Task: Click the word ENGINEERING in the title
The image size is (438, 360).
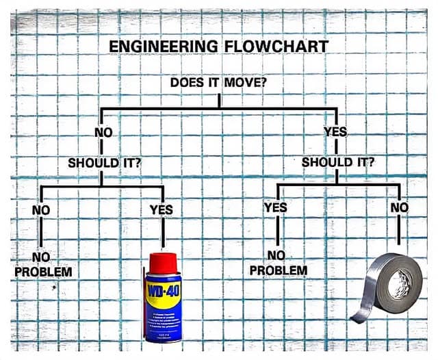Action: click(x=164, y=47)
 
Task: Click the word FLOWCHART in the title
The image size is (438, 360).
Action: click(x=276, y=47)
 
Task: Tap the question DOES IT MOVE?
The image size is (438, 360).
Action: click(x=218, y=82)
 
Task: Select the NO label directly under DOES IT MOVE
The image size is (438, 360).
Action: click(x=103, y=132)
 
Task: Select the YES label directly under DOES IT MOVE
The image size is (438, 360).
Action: click(x=335, y=131)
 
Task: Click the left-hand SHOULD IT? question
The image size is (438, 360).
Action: click(x=105, y=163)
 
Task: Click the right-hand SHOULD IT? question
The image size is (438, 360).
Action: click(x=337, y=162)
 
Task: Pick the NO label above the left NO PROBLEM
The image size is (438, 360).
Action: click(x=41, y=210)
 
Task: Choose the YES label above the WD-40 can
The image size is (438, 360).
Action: click(x=162, y=209)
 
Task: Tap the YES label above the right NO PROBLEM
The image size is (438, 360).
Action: click(x=276, y=207)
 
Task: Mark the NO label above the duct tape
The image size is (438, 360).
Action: click(x=400, y=207)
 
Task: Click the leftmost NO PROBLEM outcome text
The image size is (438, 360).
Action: click(x=43, y=264)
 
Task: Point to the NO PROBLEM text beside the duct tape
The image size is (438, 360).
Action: click(x=279, y=263)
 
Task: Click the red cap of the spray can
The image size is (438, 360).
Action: click(x=163, y=263)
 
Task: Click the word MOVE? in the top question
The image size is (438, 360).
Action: click(x=246, y=82)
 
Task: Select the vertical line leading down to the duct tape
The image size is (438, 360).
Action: click(x=399, y=229)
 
